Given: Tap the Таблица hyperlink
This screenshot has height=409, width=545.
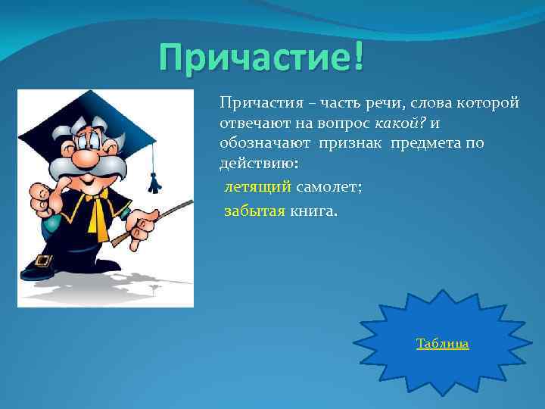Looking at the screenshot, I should click(x=442, y=344).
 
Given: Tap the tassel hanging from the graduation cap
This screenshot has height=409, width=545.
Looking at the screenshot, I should click(x=154, y=182).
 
